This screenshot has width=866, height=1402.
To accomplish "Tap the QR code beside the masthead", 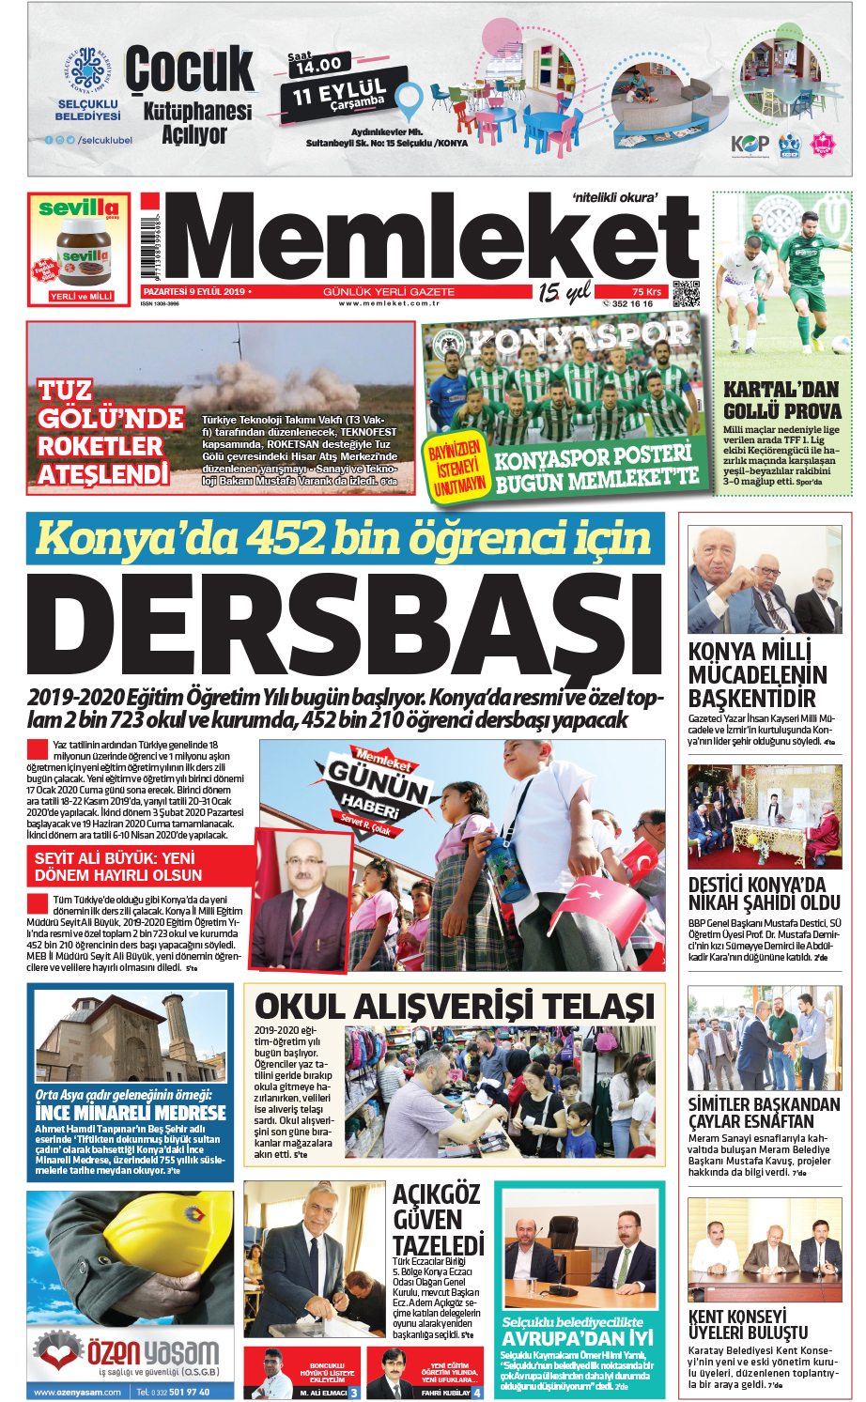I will click(687, 293).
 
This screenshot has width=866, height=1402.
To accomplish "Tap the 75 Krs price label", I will click(646, 291).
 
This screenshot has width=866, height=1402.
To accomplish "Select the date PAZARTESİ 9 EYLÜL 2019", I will click(193, 291).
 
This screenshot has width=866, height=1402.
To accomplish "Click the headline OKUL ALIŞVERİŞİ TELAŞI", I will click(454, 1006).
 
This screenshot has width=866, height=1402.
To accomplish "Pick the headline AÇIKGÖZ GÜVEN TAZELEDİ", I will click(437, 1220).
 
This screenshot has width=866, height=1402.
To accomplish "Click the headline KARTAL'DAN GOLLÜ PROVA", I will click(781, 400).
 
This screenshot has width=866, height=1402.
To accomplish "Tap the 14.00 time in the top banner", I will click(318, 65).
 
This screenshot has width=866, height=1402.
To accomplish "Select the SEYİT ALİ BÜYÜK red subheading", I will click(118, 866).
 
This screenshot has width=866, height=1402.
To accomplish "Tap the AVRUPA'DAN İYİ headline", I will click(576, 1337).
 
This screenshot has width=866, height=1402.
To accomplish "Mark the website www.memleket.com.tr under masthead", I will click(388, 303).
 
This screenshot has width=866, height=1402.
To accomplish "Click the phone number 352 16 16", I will click(631, 303).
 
